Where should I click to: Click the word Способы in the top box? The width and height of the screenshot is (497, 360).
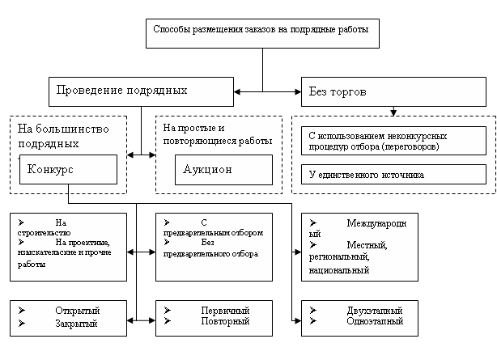(x=172, y=29)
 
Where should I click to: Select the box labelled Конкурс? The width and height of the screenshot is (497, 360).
(x=68, y=170)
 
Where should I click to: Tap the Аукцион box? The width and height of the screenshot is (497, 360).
(x=223, y=170)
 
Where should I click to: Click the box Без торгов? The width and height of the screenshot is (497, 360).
(x=393, y=91)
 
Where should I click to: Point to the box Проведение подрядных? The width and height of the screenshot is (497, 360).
(x=141, y=91)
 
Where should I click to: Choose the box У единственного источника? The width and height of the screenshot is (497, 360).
(x=393, y=174)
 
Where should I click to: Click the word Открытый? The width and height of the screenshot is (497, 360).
(x=78, y=311)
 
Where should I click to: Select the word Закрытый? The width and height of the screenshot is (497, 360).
(x=76, y=324)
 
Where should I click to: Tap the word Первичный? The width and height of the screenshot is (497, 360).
(x=225, y=311)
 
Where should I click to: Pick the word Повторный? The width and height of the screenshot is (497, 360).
(x=225, y=321)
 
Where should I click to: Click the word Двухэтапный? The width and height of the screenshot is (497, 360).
(x=375, y=311)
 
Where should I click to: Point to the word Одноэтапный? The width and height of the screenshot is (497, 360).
(x=375, y=321)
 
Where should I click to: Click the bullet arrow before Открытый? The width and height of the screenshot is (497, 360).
(x=22, y=310)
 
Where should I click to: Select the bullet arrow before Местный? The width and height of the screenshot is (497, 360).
(x=313, y=244)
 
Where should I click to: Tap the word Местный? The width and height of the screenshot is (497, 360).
(x=367, y=245)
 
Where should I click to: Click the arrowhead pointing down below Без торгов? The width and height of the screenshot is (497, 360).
(x=393, y=112)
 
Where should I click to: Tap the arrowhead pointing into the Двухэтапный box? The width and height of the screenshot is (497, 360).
(x=297, y=320)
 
